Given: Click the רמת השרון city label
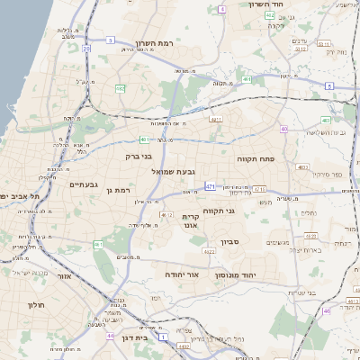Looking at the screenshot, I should click(x=154, y=43).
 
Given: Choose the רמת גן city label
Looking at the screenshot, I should click(x=116, y=190).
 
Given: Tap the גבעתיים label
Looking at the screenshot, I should click(x=84, y=184).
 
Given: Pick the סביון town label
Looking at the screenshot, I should click(x=255, y=242).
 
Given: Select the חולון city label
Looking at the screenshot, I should click(x=36, y=305).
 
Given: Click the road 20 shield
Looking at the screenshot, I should click(x=86, y=49).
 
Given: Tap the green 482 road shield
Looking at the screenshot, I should click(x=120, y=88).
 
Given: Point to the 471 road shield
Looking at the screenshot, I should click(x=210, y=186).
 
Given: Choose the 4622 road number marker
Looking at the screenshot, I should click(x=209, y=252).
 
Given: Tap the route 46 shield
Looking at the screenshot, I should click(x=326, y=310).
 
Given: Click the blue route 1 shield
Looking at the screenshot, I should click(x=163, y=336).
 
